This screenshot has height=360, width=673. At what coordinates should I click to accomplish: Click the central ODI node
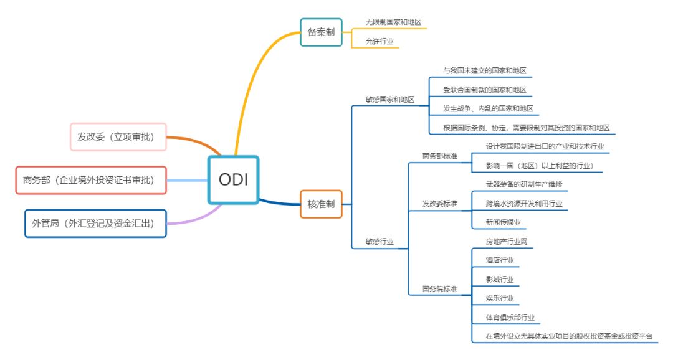point(233,179)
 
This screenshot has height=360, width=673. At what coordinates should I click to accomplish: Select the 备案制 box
point(321,32)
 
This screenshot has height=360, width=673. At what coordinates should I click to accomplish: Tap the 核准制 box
point(321,204)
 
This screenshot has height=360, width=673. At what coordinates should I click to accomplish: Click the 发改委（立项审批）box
point(118,137)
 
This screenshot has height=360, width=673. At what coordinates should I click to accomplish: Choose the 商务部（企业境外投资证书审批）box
point(91,180)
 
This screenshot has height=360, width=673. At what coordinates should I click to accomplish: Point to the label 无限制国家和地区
point(393,22)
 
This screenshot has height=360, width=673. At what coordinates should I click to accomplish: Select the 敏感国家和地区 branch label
point(389,99)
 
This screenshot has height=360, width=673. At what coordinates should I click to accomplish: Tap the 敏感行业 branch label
point(379,242)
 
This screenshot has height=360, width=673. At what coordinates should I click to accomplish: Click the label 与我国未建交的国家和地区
point(480,71)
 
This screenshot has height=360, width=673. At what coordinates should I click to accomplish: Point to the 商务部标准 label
point(439,156)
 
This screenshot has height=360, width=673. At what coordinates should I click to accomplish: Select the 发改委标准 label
point(439,204)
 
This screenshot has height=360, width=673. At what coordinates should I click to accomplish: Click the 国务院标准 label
point(439,289)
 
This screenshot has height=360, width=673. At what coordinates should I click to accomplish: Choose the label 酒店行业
point(500,260)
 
